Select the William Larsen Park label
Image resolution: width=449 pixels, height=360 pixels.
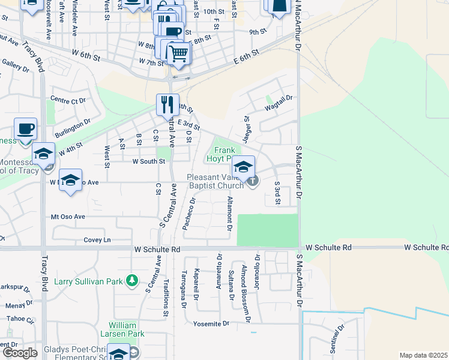[x=127, y=329]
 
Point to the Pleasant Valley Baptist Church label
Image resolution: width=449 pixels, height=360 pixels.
[x=215, y=181]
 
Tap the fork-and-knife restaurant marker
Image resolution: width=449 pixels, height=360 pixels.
[x=168, y=104]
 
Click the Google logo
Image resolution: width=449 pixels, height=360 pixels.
[x=20, y=353]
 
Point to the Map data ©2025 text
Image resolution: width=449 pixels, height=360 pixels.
[x=423, y=355]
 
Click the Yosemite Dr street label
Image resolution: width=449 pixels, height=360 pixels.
[x=211, y=323]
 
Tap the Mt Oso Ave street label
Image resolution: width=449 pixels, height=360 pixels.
[x=68, y=217]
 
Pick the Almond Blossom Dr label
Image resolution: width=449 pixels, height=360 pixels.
[x=244, y=284]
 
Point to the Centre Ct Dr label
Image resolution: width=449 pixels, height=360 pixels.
[x=68, y=100]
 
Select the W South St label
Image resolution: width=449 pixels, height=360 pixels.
[x=148, y=161]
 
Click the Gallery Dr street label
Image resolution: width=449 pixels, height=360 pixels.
[x=16, y=65]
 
